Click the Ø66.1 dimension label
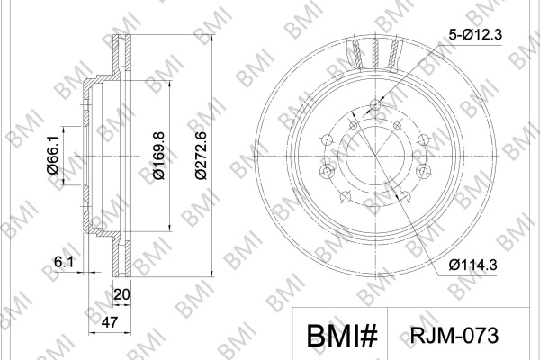53,155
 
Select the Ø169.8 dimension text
159,156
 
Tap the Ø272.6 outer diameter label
201,156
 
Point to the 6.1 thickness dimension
64,263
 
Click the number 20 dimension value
121,294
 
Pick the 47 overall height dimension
110,322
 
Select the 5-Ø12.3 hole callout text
475,34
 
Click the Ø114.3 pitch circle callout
472,265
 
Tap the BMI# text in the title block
342,336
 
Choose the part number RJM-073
454,335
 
